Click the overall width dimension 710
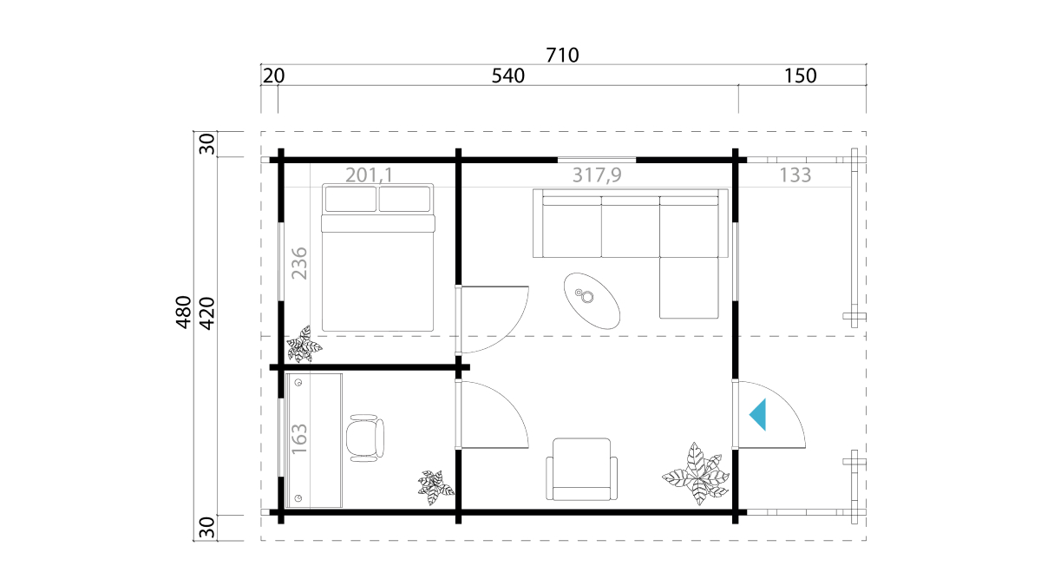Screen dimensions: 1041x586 pyautogui.click(x=562, y=56)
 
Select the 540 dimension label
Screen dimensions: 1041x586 pyautogui.click(x=508, y=76)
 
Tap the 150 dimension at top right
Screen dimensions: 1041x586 pyautogui.click(x=800, y=76)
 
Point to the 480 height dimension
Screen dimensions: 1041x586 pyautogui.click(x=184, y=312)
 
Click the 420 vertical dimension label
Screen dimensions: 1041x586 pyautogui.click(x=206, y=313)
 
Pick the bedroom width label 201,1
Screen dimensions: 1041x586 pyautogui.click(x=369, y=174)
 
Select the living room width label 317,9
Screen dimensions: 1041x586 pyautogui.click(x=597, y=174)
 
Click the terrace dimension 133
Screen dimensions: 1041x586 pyautogui.click(x=795, y=174)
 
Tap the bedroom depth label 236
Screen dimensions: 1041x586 pyautogui.click(x=299, y=263)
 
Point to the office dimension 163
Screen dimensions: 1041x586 pyautogui.click(x=299, y=438)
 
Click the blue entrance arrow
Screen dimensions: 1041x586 pyautogui.click(x=757, y=414)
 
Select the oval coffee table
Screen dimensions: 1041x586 pyautogui.click(x=592, y=301)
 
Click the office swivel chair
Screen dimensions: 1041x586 pyautogui.click(x=365, y=438)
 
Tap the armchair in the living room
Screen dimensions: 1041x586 pyautogui.click(x=582, y=470)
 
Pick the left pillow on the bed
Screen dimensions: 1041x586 pyautogui.click(x=350, y=199)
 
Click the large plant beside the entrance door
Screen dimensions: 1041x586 pyautogui.click(x=696, y=473)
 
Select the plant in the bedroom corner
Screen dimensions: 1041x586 pyautogui.click(x=304, y=345)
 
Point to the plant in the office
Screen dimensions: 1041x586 pyautogui.click(x=435, y=488)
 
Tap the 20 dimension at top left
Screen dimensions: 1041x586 pyautogui.click(x=273, y=76)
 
